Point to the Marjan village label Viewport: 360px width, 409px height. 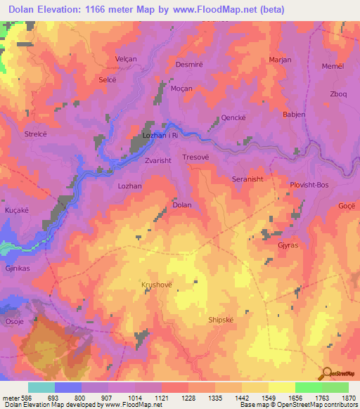pos(280,60)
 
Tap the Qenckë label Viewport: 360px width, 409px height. pos(233,119)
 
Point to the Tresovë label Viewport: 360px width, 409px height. pos(195,157)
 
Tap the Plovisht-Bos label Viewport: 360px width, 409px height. pos(309,185)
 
